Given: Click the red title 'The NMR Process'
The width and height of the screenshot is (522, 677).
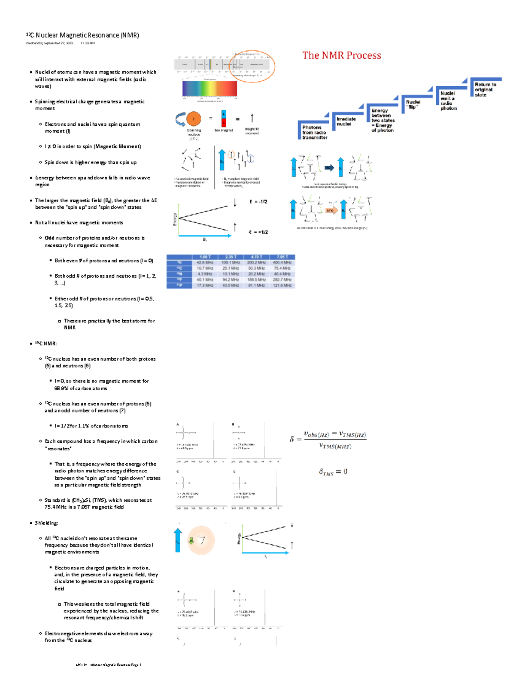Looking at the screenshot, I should (x=341, y=55).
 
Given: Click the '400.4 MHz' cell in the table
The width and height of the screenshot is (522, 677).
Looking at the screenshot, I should (x=282, y=263).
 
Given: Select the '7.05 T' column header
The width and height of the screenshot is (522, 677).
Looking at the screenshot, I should (x=282, y=257).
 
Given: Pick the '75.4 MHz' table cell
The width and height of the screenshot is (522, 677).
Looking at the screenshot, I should (x=282, y=268).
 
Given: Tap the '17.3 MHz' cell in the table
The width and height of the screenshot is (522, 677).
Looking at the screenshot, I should (x=205, y=285).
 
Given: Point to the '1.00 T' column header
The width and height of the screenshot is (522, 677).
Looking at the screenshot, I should (x=205, y=257).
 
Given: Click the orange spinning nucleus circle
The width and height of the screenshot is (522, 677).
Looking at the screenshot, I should (x=194, y=118).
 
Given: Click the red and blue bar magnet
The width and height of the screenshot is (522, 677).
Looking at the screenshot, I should (x=224, y=118).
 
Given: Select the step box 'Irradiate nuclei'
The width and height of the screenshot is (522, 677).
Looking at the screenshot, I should (x=346, y=121).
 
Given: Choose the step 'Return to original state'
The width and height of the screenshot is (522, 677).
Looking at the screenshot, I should (x=485, y=89).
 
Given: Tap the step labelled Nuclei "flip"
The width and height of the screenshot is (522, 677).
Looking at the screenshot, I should (x=413, y=104).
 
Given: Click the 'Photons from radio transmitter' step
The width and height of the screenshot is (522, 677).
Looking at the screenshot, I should (x=314, y=132).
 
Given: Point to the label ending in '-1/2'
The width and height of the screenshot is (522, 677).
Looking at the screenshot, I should (x=258, y=202).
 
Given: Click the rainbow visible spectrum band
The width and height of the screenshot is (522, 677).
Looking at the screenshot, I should (x=210, y=89).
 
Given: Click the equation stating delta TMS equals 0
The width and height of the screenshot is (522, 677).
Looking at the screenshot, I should (x=333, y=472).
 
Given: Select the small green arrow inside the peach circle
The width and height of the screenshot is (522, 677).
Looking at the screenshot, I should (x=191, y=541).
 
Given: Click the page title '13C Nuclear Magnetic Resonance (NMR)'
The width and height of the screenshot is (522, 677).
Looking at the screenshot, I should (x=83, y=35).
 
